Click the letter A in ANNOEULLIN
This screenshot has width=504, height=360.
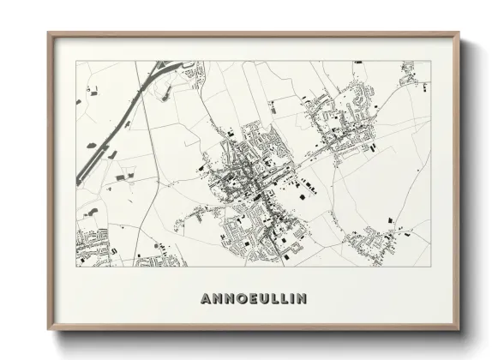[205, 299]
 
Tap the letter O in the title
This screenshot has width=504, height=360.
[237, 299]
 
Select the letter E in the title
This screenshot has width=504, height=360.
[249, 299]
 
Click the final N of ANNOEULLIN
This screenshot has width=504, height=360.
[300, 299]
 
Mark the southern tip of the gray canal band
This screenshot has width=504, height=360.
[80, 182]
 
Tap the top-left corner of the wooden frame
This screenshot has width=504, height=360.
[49, 34]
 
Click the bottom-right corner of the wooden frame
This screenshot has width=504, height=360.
[459, 328]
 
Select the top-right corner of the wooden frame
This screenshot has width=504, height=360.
[459, 34]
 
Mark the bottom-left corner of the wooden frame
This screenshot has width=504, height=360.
[49, 328]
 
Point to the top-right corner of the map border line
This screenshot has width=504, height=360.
[431, 61]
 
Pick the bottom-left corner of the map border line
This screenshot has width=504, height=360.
[76, 267]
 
